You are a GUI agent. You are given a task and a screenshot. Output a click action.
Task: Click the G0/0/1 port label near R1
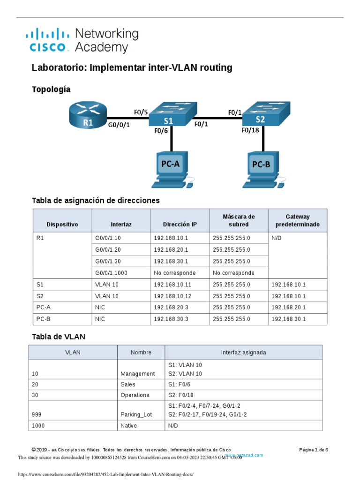119,126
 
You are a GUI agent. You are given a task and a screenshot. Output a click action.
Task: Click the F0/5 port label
141,112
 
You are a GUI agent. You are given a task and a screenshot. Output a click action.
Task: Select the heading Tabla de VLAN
59,337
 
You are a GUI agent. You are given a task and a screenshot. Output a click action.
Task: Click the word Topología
51,89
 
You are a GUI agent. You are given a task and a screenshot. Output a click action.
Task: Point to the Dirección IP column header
180,225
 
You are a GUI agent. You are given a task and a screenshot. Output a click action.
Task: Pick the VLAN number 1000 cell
39,426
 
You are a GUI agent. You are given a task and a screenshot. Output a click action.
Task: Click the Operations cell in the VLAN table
135,395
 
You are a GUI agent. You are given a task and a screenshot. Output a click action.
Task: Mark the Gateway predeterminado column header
298,221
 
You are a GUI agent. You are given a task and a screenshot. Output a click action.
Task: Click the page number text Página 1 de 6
314,450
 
